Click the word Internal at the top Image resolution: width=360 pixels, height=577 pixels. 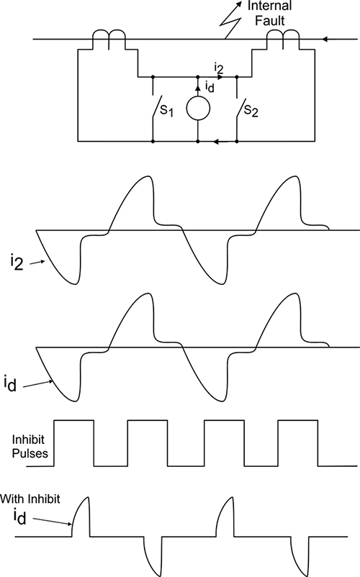(x=269, y=6)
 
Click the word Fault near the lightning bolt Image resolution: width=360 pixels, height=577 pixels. (x=270, y=20)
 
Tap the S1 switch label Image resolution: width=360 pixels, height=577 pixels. (x=166, y=110)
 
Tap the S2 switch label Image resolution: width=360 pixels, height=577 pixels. (x=251, y=110)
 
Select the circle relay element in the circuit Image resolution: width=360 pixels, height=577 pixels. (x=198, y=109)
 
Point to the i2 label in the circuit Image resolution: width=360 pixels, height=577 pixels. (x=218, y=68)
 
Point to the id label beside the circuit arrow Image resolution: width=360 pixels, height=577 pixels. (x=209, y=87)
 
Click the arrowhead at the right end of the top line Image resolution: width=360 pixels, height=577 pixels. (x=325, y=39)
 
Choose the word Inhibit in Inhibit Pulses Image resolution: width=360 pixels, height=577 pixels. (x=28, y=440)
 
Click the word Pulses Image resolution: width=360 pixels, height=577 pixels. (x=30, y=453)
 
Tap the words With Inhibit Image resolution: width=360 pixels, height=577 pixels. (x=30, y=499)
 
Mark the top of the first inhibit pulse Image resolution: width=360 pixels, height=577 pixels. (x=74, y=420)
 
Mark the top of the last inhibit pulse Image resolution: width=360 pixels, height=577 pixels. (x=298, y=420)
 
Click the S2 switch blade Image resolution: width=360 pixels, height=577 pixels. (x=240, y=107)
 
